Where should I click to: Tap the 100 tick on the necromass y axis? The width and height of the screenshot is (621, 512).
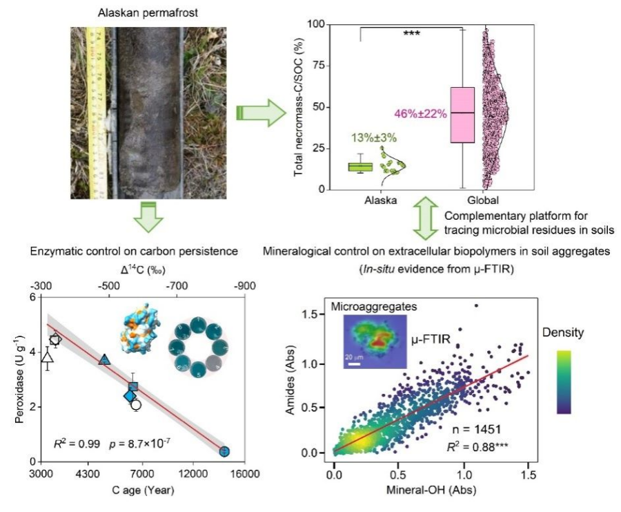click(x=317, y=24)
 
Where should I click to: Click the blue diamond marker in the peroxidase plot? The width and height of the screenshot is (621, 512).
click(x=130, y=397)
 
